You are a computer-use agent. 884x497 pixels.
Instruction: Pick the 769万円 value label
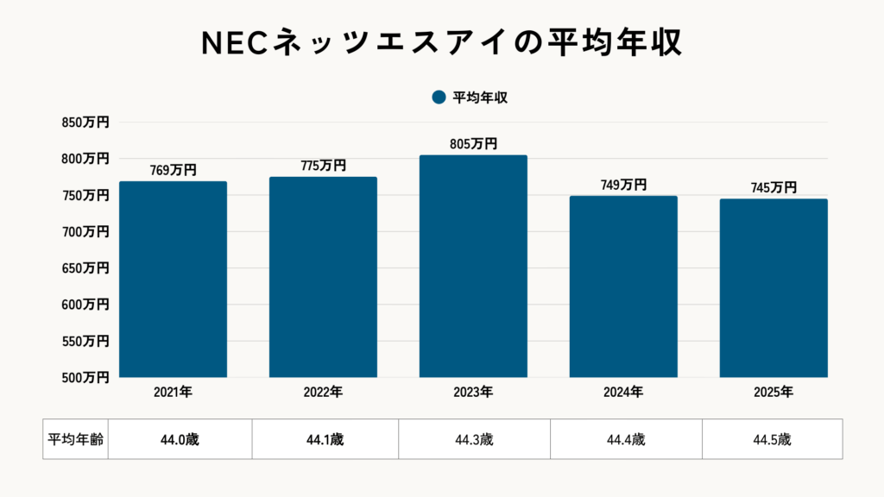tap(173, 170)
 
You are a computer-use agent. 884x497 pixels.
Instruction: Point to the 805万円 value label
tap(473, 144)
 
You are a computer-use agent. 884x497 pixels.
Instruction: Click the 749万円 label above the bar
tap(623, 185)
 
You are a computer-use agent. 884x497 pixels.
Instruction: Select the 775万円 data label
tap(323, 166)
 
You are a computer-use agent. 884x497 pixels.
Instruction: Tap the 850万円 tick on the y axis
tap(85, 123)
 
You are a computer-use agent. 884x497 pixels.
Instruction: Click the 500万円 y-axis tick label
tap(85, 377)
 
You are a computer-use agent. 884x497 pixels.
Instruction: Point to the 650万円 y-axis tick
tap(85, 268)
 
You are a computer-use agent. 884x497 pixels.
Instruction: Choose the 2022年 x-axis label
tap(323, 393)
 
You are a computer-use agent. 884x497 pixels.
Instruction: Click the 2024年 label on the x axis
tap(623, 393)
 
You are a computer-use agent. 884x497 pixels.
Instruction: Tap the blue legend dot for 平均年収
tap(439, 98)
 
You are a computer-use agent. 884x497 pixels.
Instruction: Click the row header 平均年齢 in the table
tap(75, 439)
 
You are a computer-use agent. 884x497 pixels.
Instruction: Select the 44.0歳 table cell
tap(180, 439)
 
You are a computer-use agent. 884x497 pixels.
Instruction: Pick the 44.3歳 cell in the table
tap(474, 439)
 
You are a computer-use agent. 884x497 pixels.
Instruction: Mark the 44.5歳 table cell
tap(772, 439)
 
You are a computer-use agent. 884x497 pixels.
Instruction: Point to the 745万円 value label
tap(773, 188)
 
